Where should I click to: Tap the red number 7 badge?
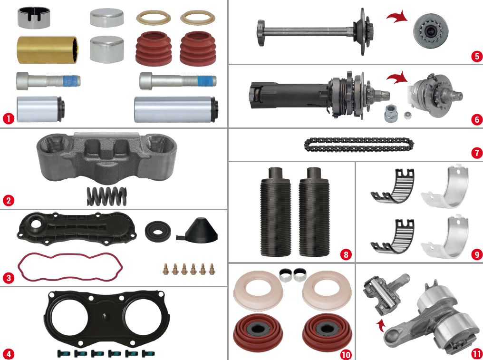tap(476, 153)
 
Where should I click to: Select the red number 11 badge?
tap(476, 353)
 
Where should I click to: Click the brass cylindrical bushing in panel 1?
tap(48, 49)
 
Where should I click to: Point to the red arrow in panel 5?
tap(396, 18)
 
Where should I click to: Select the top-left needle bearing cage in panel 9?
tap(392, 186)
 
